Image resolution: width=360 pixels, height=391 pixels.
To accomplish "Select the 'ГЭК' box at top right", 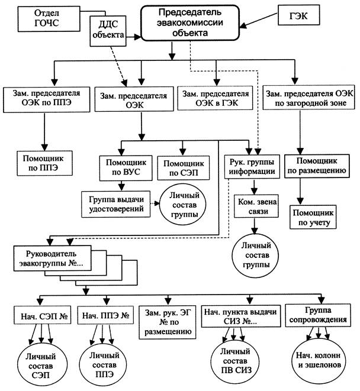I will (x=300, y=14).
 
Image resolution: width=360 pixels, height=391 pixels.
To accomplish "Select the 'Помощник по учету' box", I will (x=313, y=217).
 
